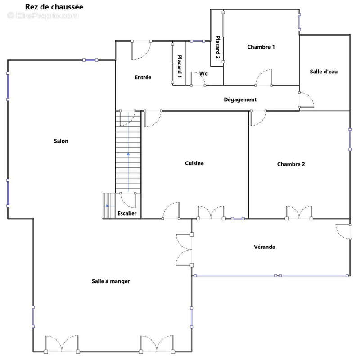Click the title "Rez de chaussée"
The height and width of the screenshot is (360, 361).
(x=54, y=7)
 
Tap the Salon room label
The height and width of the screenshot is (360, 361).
(x=61, y=141)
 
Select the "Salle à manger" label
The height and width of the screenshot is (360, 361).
(x=111, y=281)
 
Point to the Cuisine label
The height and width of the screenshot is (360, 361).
(x=194, y=163)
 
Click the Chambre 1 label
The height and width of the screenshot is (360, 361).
(x=261, y=47)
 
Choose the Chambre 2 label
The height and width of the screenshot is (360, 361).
(x=291, y=164)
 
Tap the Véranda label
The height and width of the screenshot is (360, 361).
(x=265, y=247)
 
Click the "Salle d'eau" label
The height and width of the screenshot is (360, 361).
(x=324, y=72)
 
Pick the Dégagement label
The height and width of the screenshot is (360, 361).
(x=240, y=99)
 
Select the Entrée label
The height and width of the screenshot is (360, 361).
(x=143, y=77)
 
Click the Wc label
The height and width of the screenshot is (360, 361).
(x=203, y=73)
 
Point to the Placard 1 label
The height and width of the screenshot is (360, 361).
(x=180, y=66)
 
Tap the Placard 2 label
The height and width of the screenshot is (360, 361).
(x=217, y=47)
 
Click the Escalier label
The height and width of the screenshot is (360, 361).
(x=127, y=213)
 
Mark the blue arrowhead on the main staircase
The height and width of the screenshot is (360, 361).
(x=128, y=154)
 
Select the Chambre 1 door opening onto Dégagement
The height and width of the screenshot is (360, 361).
(x=264, y=78)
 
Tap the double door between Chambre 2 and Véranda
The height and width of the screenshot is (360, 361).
(x=299, y=212)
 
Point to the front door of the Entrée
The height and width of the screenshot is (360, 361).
(x=141, y=50)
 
